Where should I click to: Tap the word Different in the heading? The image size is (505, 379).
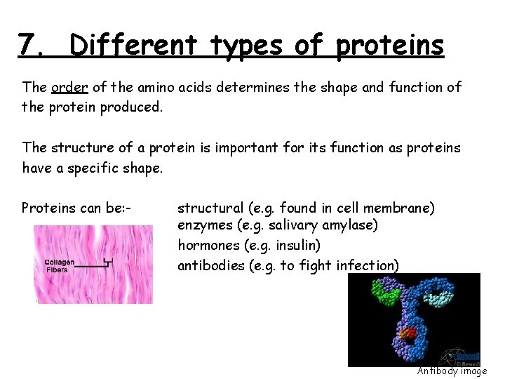pos(123,46)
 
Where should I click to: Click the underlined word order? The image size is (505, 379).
pos(69,88)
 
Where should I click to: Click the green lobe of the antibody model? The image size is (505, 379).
pos(385,292)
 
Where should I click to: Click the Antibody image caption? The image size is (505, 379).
pos(452,371)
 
